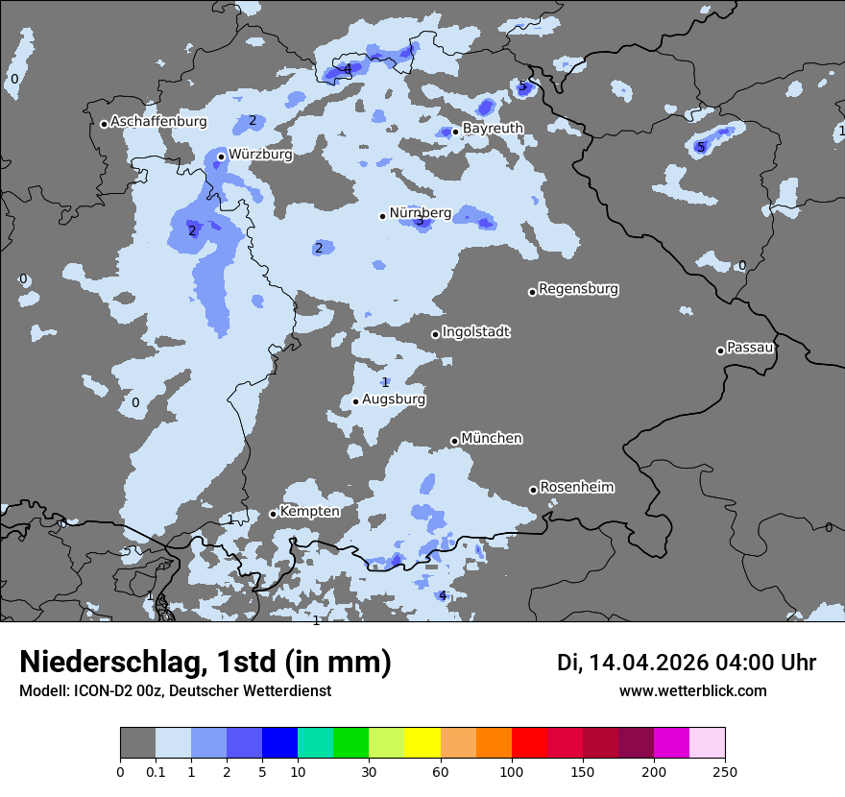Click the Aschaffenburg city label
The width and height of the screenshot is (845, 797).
pyautogui.click(x=158, y=122)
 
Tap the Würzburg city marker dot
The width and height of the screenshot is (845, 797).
pyautogui.click(x=221, y=157)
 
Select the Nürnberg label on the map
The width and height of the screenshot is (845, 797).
pyautogui.click(x=421, y=212)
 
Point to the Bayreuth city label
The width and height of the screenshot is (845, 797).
pyautogui.click(x=493, y=128)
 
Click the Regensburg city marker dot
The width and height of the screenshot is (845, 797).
pyautogui.click(x=532, y=292)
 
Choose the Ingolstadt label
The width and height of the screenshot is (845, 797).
pyautogui.click(x=476, y=332)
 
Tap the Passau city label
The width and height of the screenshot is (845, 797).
pyautogui.click(x=751, y=348)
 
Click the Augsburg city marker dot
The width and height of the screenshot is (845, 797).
pyautogui.click(x=355, y=401)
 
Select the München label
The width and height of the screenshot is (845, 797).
pyautogui.click(x=492, y=438)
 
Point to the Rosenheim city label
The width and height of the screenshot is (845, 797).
pyautogui.click(x=576, y=487)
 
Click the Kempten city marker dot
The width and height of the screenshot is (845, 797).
pyautogui.click(x=273, y=514)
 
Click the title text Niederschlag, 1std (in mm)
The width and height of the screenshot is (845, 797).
pyautogui.click(x=205, y=662)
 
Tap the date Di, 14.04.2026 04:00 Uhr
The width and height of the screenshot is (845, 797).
pyautogui.click(x=687, y=663)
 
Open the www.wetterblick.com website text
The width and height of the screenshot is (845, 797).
pyautogui.click(x=692, y=690)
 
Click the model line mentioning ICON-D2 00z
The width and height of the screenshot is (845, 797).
pyautogui.click(x=175, y=690)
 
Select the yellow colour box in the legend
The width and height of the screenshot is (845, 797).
pyautogui.click(x=422, y=742)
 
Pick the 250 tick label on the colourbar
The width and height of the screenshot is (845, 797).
pyautogui.click(x=725, y=771)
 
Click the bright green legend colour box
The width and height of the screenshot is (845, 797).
pyautogui.click(x=351, y=742)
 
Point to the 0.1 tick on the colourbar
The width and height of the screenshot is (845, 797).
pyautogui.click(x=156, y=771)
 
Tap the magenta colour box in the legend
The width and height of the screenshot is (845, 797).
pyautogui.click(x=671, y=742)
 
